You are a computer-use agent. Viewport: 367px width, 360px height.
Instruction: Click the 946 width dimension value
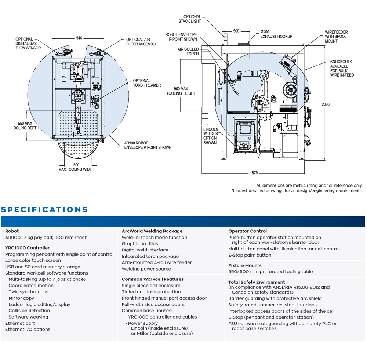[79, 38]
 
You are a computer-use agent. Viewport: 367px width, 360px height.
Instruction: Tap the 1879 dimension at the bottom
[254, 173]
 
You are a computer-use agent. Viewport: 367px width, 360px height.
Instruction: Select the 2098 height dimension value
[326, 104]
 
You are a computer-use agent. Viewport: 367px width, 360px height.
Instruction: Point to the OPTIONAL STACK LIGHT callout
[190, 19]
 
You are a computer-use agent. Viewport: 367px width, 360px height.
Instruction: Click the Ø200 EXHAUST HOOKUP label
[276, 34]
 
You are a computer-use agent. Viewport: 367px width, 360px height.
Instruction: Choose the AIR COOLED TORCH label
[188, 51]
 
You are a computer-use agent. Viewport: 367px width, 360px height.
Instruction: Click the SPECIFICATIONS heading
[44, 210]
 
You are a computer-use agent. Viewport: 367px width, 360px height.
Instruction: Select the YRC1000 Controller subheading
[27, 248]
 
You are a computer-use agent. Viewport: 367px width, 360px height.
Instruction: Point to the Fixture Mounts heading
[245, 265]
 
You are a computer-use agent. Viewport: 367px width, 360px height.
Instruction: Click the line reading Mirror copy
[21, 298]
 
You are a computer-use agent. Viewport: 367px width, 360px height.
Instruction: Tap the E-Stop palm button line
[250, 255]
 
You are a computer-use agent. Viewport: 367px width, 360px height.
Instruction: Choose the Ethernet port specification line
[20, 323]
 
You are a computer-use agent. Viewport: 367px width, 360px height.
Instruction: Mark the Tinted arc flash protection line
[151, 292]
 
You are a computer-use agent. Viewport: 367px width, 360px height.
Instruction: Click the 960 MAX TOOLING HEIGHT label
[181, 91]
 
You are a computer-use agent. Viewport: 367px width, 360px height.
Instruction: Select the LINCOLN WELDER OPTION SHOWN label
[211, 136]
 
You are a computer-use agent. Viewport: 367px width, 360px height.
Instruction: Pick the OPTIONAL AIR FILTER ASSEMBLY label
[141, 42]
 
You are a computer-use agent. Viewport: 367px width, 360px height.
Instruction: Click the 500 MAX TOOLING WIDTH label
[76, 167]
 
